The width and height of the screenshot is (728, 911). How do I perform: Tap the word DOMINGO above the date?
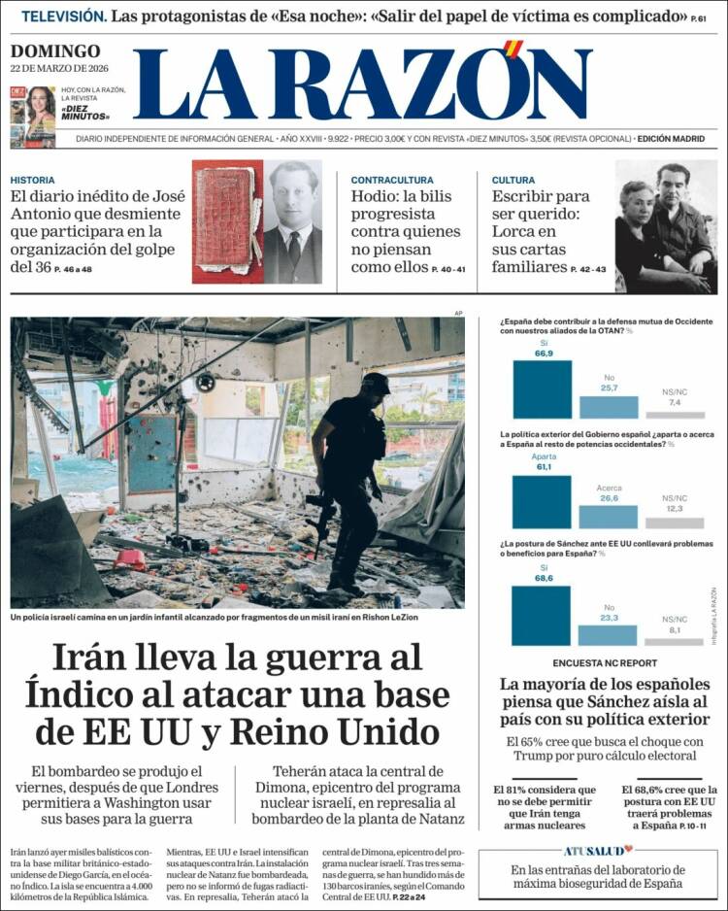tap(55, 51)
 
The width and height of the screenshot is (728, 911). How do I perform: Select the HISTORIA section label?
tap(32, 180)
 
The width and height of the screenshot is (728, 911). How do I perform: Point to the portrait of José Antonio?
tap(294, 223)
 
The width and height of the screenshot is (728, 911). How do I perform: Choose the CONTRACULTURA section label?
tap(392, 180)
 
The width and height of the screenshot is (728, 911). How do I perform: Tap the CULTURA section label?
tap(513, 180)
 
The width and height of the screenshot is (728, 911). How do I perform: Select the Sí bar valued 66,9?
tap(542, 388)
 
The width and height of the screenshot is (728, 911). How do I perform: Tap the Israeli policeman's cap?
tap(376, 382)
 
